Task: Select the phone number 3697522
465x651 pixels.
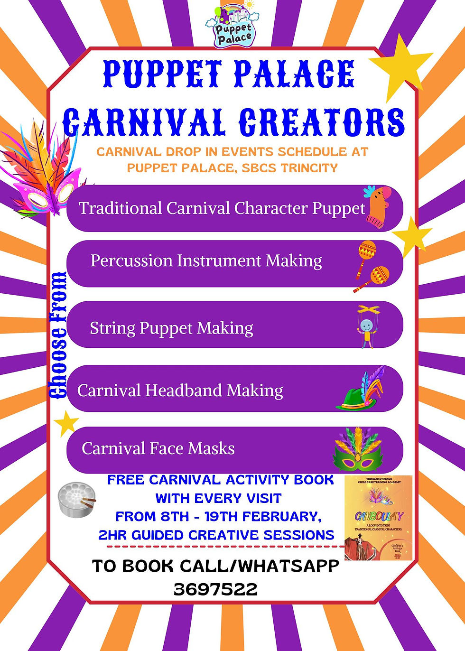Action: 215,589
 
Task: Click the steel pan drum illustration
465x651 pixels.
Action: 76,499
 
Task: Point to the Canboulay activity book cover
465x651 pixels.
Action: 378,518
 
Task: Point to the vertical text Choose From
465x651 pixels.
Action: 58,335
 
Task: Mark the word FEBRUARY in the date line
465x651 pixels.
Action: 278,517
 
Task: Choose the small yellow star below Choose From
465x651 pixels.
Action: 66,423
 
